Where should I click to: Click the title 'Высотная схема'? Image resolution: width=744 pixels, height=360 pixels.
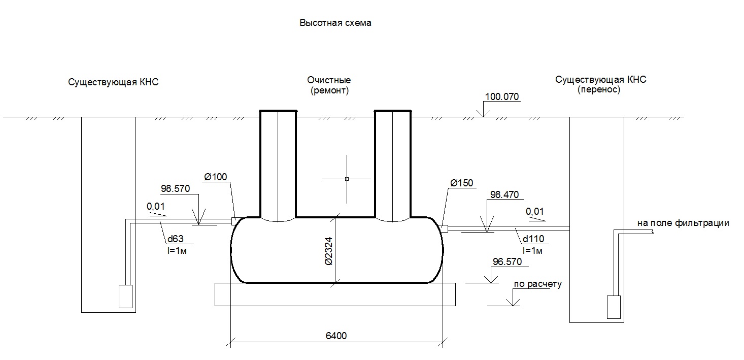(x=335, y=23)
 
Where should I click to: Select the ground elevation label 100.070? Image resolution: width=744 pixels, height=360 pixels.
(x=502, y=97)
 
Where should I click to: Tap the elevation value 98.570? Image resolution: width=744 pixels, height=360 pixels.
(x=176, y=189)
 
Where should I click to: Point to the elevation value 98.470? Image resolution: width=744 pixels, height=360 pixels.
(x=504, y=195)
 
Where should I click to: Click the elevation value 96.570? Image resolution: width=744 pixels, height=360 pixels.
(x=508, y=262)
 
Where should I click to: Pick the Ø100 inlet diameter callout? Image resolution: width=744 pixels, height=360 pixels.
(x=216, y=177)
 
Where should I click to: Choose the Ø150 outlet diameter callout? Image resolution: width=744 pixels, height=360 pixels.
(x=462, y=183)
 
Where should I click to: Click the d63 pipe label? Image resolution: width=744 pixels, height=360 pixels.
(x=176, y=239)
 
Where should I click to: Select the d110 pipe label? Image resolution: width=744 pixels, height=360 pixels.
(x=533, y=239)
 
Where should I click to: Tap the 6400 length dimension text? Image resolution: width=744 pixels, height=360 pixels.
(x=336, y=336)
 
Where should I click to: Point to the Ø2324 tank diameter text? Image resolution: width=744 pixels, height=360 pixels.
(x=328, y=251)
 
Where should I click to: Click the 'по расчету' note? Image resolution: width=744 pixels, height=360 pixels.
(x=538, y=284)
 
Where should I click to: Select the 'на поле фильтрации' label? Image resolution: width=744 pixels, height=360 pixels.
(x=683, y=223)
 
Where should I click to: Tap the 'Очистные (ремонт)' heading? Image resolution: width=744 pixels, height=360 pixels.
(x=329, y=85)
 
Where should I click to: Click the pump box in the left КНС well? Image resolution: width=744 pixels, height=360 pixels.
(x=125, y=297)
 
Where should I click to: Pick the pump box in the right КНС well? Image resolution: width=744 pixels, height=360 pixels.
(x=614, y=307)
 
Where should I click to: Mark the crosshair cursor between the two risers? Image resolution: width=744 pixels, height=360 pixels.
(x=347, y=179)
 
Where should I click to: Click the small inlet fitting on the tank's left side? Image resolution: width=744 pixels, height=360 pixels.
(x=234, y=221)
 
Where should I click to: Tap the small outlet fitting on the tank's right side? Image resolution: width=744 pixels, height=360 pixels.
(x=445, y=228)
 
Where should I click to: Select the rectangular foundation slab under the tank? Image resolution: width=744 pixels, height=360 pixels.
(x=335, y=294)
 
